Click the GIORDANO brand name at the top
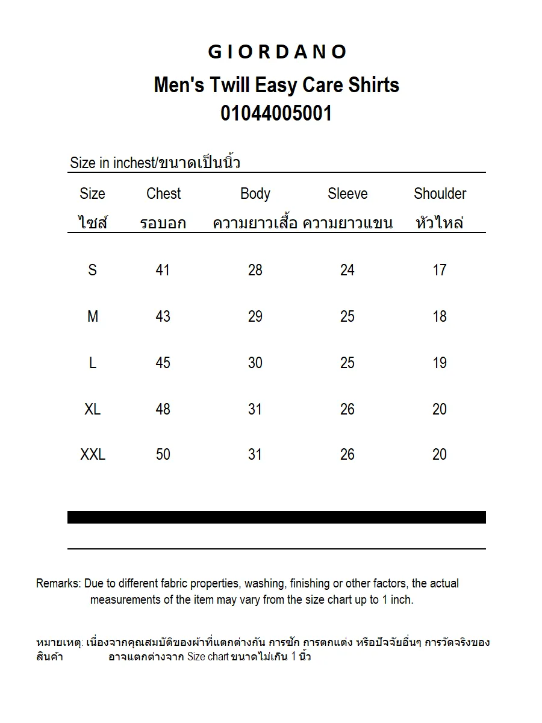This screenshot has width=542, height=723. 277,52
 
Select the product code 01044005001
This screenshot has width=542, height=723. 276,113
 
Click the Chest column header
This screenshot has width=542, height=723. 163,193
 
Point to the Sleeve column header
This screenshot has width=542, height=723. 347,193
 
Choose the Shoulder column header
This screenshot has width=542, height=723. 440,193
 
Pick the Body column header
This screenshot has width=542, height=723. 255,193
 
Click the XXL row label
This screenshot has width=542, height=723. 93,454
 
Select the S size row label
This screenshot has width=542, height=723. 92,270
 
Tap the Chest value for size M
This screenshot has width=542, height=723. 163,316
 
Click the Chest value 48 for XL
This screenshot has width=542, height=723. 163,409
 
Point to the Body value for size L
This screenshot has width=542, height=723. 255,363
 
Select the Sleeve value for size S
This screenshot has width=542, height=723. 347,270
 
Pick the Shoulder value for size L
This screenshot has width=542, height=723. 440,363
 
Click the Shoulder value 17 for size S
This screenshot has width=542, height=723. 440,270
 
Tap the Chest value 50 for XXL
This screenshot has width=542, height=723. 163,454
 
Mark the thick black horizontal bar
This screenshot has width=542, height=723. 276,517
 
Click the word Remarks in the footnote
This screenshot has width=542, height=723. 58,583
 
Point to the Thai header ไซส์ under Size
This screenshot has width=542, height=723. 92,223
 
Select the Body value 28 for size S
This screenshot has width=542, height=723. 255,270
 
